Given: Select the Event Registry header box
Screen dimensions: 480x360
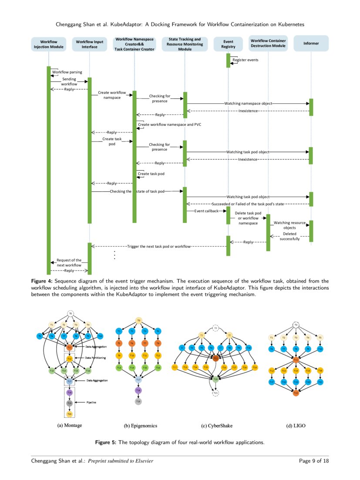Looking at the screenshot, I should coord(228,44).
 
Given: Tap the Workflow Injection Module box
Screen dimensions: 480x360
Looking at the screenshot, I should coord(49,44).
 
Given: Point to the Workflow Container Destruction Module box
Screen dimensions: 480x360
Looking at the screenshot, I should coord(268,43).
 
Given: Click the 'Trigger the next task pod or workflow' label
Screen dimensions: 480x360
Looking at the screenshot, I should coord(159,247).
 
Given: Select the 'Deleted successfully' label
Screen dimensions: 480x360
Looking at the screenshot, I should coord(289,237).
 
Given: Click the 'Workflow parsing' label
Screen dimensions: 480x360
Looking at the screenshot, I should coord(67,72).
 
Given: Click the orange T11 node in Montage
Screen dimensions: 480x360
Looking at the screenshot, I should coord(69,347).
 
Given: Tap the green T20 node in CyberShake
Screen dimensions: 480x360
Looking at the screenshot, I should coord(215,379).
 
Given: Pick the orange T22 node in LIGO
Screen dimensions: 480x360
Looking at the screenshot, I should coord(296,393).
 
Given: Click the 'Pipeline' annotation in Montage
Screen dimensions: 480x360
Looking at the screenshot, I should coord(91,402).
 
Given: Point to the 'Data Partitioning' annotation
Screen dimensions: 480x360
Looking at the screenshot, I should coord(94,358).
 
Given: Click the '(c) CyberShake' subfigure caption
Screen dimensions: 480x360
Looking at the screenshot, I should coord(215,426).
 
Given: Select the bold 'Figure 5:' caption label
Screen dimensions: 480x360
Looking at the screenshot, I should coord(106,443).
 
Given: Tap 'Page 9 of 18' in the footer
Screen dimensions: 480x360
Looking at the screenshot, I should coord(314,461).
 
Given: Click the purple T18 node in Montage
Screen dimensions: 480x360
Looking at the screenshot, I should coord(69,392).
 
